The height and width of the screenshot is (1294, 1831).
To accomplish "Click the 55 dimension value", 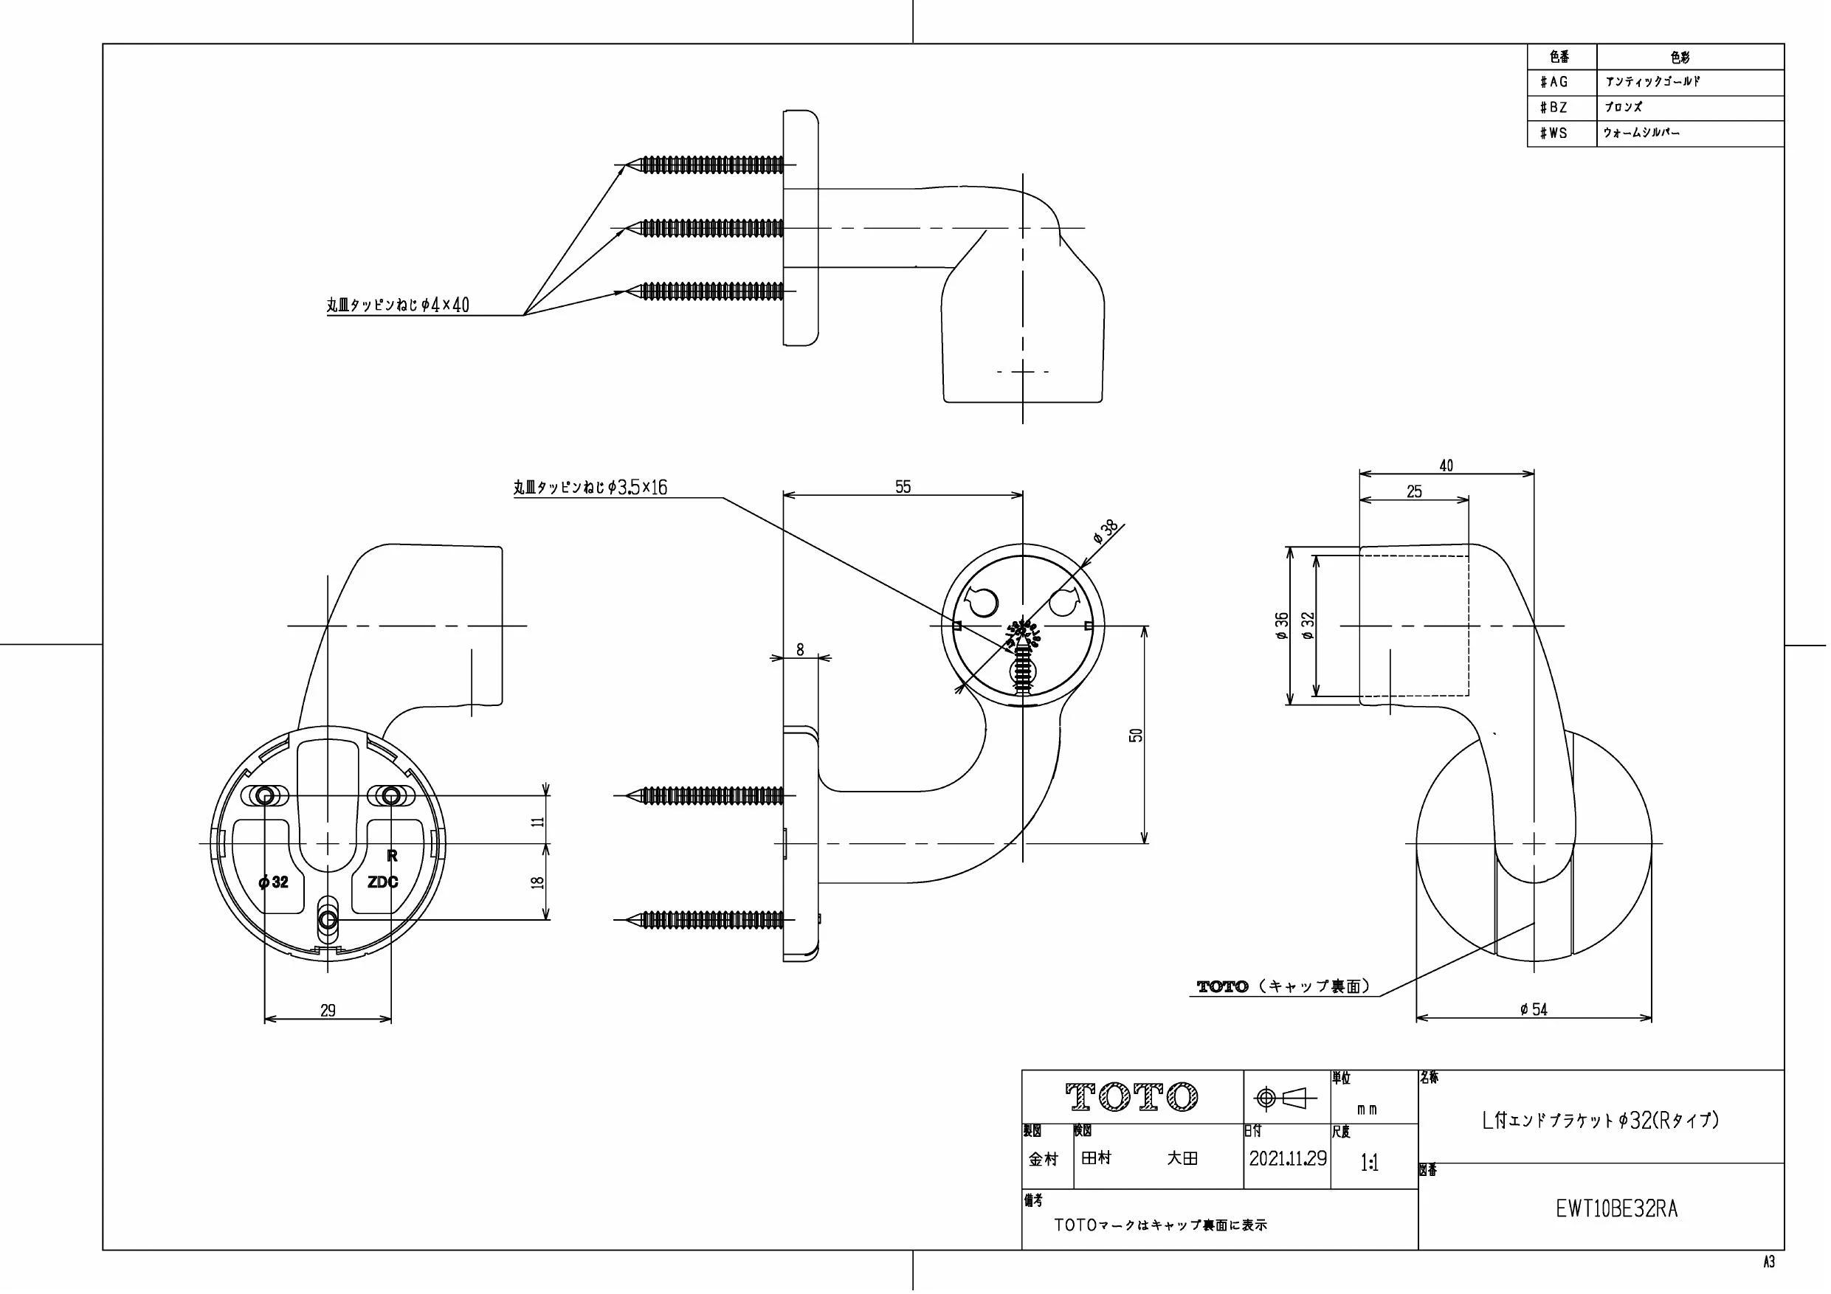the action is (x=903, y=487).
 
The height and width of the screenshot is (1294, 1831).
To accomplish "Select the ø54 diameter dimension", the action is (x=1534, y=1010).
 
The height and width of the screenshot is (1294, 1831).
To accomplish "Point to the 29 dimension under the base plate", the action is (x=328, y=1011).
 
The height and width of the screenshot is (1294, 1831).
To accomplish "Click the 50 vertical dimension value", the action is (x=1137, y=735).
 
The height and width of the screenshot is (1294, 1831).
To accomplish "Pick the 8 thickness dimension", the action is (x=801, y=650).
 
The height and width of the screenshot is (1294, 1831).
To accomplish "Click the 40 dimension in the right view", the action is (x=1446, y=466).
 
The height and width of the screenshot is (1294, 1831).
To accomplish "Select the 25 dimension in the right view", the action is (x=1414, y=492).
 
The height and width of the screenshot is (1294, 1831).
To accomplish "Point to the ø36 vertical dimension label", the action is (x=1281, y=626).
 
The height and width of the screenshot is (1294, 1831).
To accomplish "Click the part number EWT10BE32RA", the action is (x=1616, y=1209).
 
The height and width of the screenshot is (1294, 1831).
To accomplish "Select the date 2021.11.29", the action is (x=1288, y=1158).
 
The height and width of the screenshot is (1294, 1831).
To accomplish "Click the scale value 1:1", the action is (x=1369, y=1164).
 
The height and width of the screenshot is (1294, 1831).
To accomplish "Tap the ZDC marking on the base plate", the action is (x=383, y=882).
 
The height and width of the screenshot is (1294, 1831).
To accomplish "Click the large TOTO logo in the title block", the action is (x=1132, y=1097).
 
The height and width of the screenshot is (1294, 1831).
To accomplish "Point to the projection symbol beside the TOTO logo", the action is (x=1285, y=1098).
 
